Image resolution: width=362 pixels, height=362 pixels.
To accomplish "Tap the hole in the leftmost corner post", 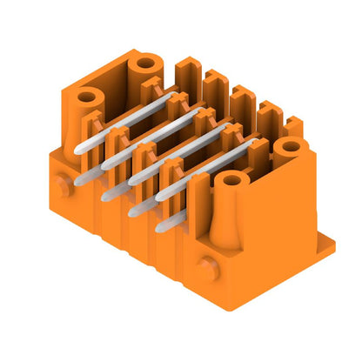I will click(x=87, y=97).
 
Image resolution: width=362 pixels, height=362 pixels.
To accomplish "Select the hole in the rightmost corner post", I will click(x=286, y=147).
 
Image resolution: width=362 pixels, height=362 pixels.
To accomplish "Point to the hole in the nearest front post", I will click(x=231, y=180).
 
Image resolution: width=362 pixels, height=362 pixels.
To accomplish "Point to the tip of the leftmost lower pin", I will click(x=81, y=180).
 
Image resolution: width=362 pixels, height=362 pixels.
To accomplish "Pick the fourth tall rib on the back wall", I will click(x=265, y=112).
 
